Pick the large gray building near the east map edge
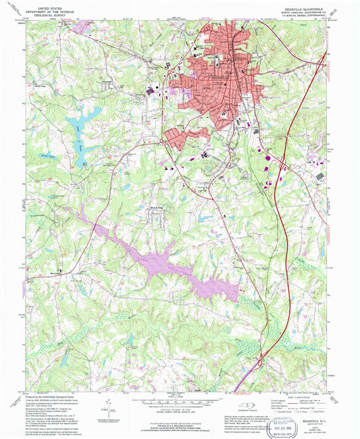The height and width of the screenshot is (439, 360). click(x=319, y=176)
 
